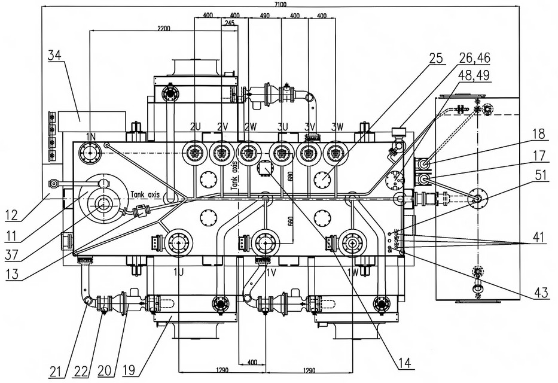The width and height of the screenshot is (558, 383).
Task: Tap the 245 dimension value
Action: [228, 23]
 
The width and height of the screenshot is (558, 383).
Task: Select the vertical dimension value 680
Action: [290, 177]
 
